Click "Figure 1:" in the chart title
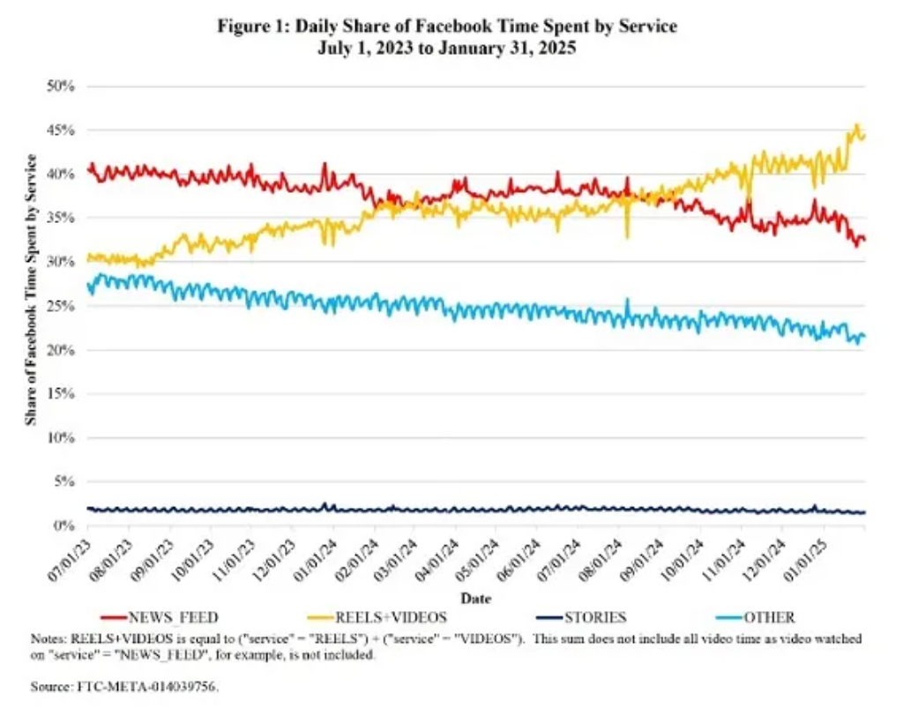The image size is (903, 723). [249, 26]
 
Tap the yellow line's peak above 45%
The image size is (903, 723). [856, 125]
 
